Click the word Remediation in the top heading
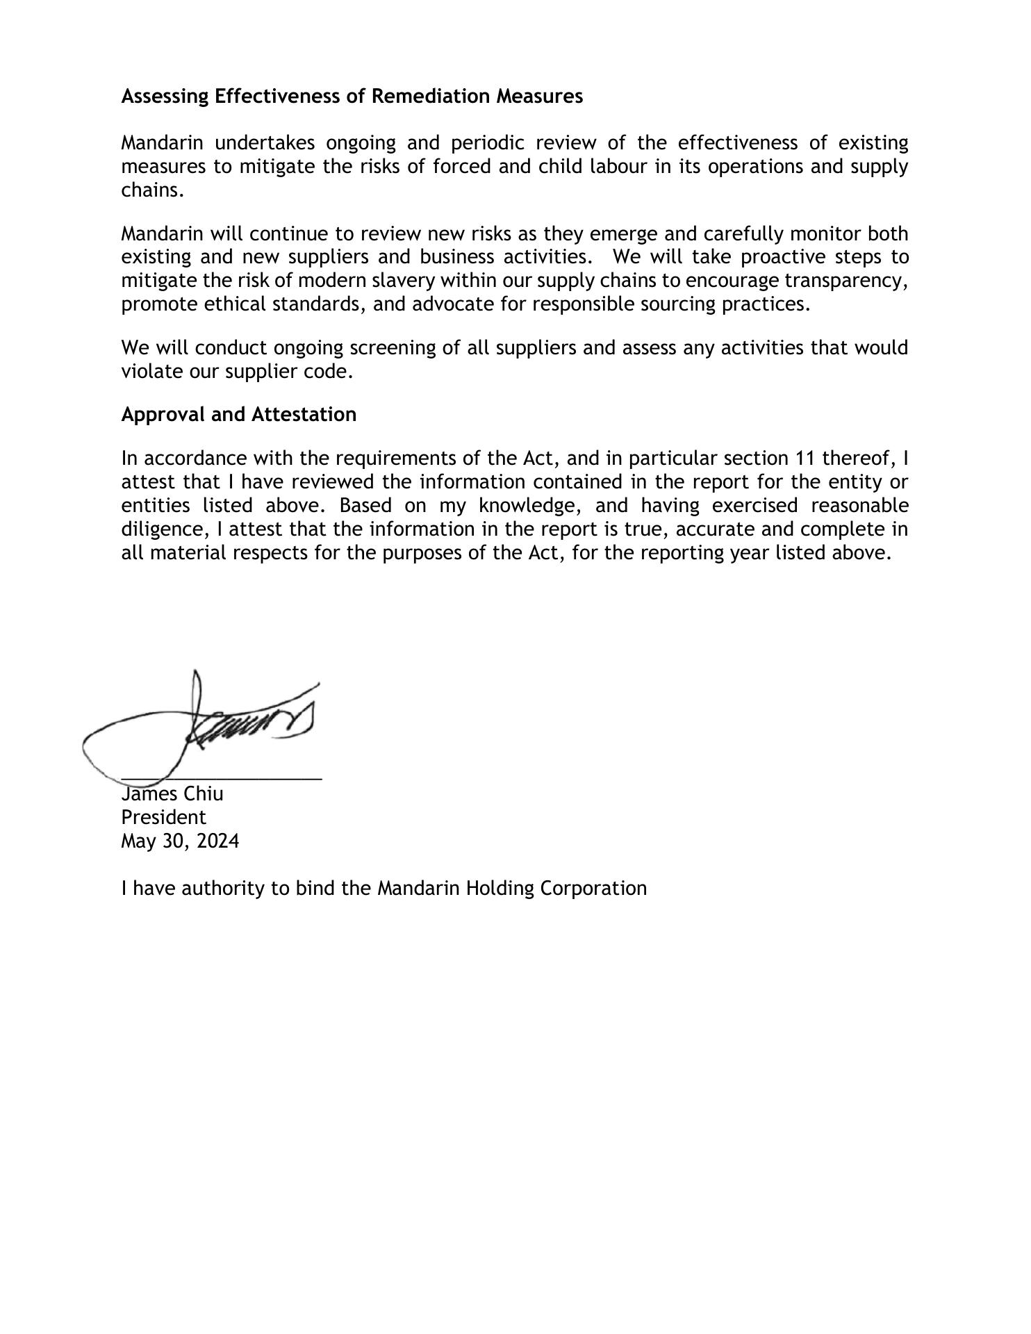pyautogui.click(x=430, y=96)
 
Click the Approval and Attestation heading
pyautogui.click(x=238, y=414)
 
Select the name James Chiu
pyautogui.click(x=172, y=793)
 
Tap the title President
pyautogui.click(x=163, y=817)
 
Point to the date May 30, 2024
pyautogui.click(x=180, y=841)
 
